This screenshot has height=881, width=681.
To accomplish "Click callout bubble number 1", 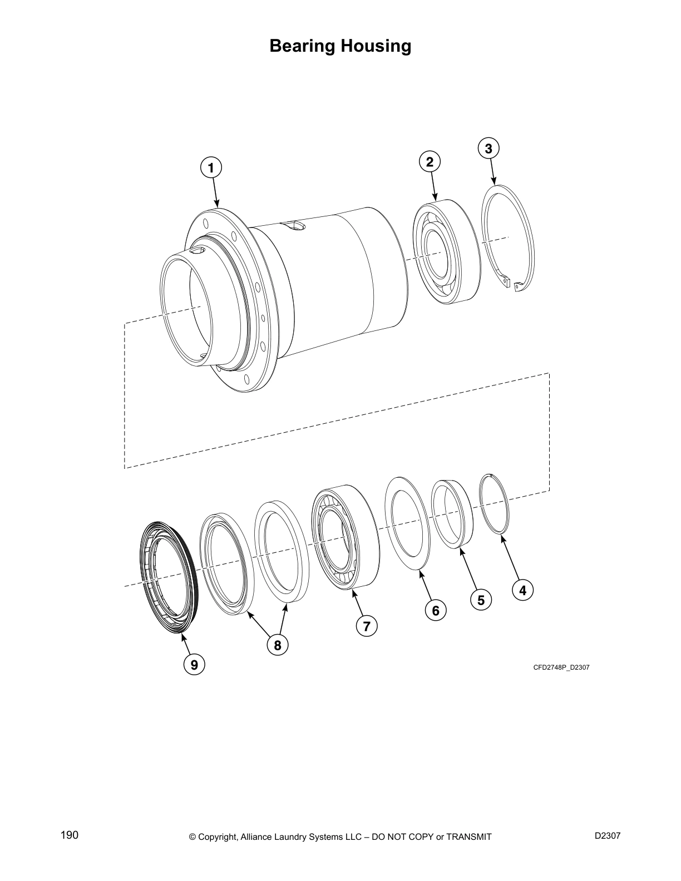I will [210, 167].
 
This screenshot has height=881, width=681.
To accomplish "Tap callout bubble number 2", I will [430, 162].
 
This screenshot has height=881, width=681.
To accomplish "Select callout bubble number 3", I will [488, 149].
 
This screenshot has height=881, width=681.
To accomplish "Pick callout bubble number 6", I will [436, 611].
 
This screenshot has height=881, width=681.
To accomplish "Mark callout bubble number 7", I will [366, 626].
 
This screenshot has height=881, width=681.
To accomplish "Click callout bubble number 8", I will [277, 645].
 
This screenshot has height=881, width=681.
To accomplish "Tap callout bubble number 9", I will [194, 664].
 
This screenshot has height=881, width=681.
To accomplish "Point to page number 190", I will [70, 835].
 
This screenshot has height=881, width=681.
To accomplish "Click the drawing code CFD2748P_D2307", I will [561, 667].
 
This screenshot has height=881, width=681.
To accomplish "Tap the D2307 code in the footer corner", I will [608, 836].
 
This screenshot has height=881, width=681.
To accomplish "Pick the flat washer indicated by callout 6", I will [407, 523].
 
